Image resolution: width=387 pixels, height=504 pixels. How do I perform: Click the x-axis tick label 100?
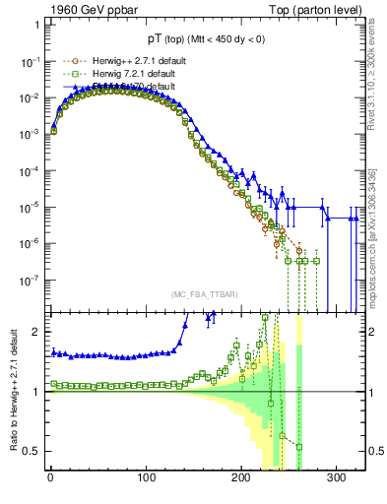point(146,478)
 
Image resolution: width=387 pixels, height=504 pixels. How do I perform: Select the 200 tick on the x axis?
point(241,478)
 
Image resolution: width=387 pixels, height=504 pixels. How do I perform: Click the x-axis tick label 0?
point(50,478)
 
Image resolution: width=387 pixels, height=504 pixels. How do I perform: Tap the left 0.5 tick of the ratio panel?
point(32,452)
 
